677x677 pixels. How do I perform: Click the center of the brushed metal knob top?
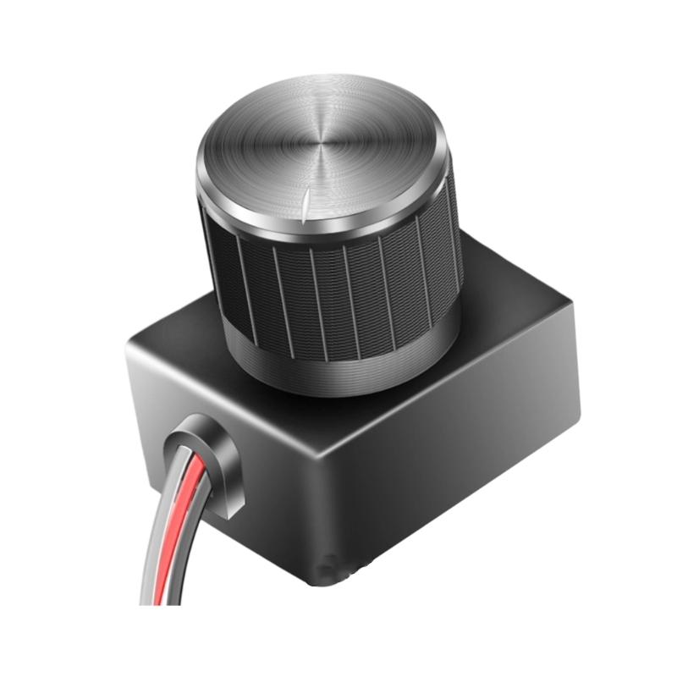(x=320, y=144)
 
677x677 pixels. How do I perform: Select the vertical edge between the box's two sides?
(x=322, y=508)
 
